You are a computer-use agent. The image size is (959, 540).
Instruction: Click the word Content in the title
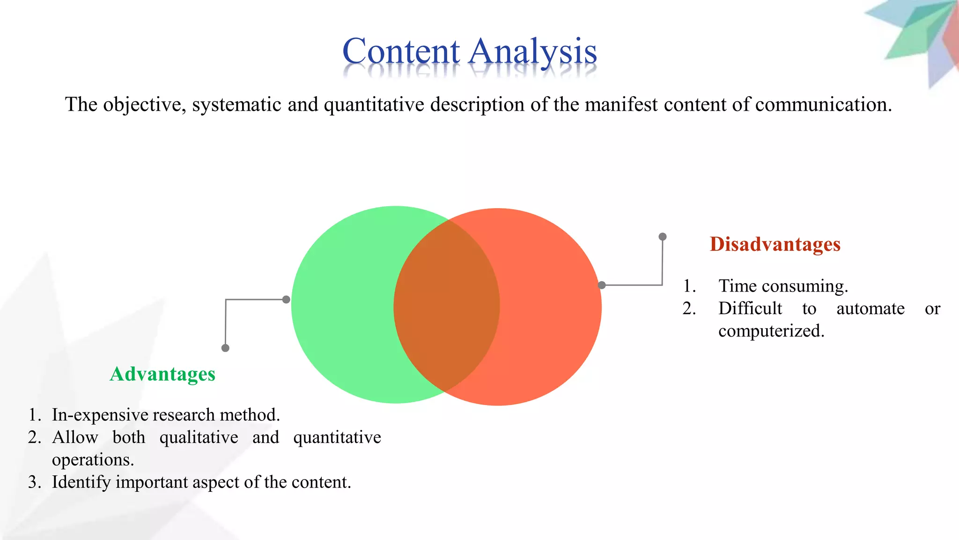(x=401, y=52)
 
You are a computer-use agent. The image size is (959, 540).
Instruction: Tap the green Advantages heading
(x=162, y=374)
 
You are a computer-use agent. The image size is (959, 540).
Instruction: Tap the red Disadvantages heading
(x=775, y=244)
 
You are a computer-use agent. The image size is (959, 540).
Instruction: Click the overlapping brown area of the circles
(x=447, y=306)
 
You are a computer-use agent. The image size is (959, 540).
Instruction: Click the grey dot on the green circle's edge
(x=286, y=300)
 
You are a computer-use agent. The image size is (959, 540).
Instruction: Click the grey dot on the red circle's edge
(x=602, y=285)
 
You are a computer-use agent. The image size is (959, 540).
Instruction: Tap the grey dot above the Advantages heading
(x=225, y=348)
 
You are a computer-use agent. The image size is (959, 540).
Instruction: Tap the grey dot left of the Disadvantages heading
(x=663, y=237)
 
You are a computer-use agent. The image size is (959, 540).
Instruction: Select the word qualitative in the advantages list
(x=199, y=437)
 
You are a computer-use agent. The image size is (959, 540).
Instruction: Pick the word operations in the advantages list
(x=92, y=460)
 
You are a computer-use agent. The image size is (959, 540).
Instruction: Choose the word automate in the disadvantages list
(x=870, y=308)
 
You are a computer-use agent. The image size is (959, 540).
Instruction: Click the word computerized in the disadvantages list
(x=771, y=331)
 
